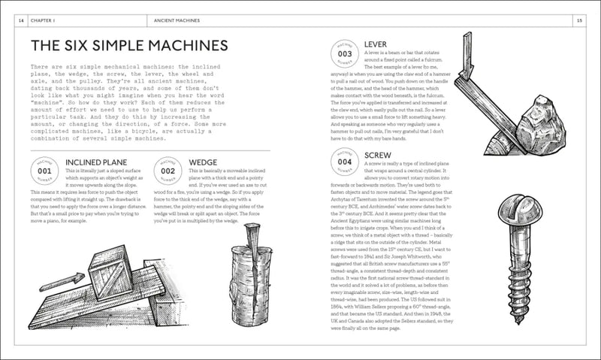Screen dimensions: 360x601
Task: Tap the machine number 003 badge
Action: [345, 54]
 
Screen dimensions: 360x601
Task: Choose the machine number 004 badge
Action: [345, 160]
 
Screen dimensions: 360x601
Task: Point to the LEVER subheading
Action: [375, 44]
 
